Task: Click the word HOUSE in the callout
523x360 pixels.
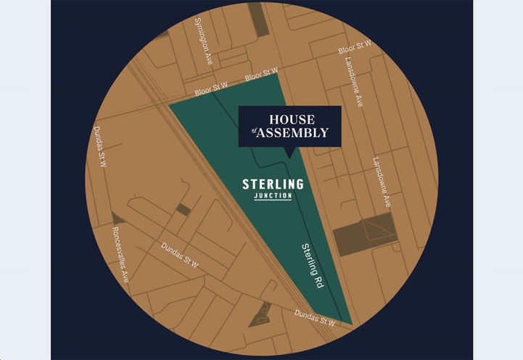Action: [290, 119]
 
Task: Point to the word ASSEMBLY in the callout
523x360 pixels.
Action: [295, 133]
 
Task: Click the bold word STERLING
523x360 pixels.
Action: [273, 184]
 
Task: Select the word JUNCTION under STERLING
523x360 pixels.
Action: [273, 195]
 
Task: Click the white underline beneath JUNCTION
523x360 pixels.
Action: [273, 200]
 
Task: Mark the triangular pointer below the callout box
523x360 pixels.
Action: [290, 153]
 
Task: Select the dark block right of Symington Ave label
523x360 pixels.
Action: [258, 19]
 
